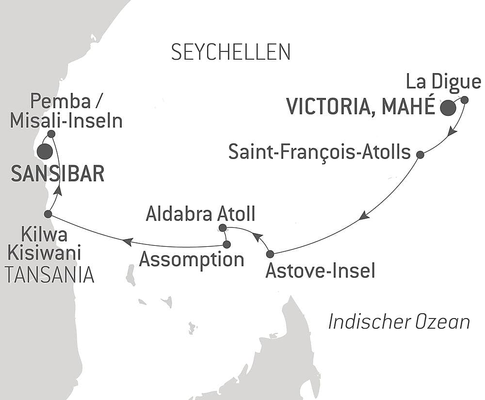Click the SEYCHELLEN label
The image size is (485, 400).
coord(230,52)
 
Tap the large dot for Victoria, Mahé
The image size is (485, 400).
coord(448,108)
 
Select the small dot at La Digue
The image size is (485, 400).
coord(464,100)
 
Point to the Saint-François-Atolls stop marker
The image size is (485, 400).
coord(420,155)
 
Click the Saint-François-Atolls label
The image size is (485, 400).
coord(320,153)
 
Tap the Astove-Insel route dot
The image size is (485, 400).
coord(270,254)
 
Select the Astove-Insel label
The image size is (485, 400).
coord(320,271)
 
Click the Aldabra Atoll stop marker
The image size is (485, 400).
coord(222,227)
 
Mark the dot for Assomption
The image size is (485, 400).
coord(226,244)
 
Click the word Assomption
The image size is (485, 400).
coord(191,259)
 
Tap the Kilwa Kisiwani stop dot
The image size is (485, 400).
coord(48,214)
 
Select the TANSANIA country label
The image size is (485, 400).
coord(49,275)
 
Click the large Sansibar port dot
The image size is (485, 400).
coord(44,152)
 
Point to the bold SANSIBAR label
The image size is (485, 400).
coord(57,174)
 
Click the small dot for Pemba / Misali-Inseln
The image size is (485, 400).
coord(51,133)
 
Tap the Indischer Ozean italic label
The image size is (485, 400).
coord(399,321)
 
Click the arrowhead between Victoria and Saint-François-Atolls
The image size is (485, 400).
coord(452,131)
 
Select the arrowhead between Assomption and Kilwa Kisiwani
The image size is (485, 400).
coord(128,240)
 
